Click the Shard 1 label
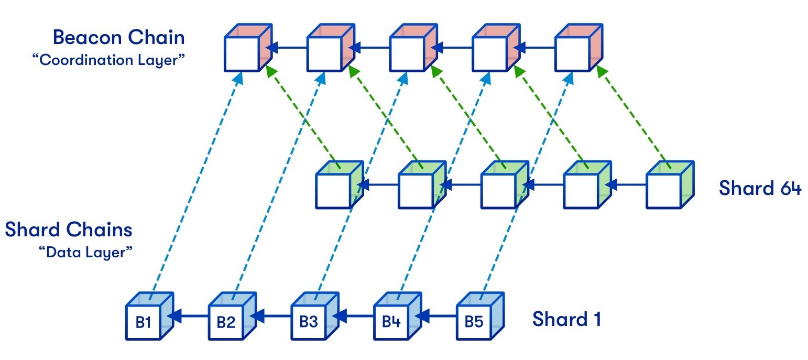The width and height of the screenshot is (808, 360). coord(566,319)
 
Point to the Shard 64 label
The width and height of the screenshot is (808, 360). coord(760,188)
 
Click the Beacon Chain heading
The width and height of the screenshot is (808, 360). coord(119,38)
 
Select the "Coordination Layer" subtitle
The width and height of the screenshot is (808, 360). coord(108,60)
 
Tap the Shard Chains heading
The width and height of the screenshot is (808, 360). coord(69,230)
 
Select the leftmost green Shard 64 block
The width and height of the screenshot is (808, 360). coord(339,186)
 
